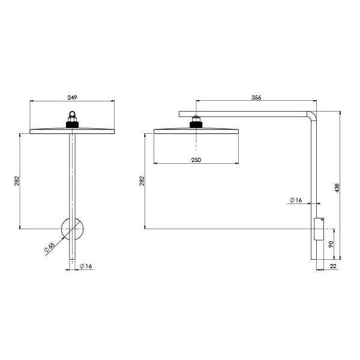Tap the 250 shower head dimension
196,159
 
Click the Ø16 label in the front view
86,266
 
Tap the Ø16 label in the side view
295,200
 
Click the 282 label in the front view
17,180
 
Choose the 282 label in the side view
142,180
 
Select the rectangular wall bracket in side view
319,229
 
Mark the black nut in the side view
196,124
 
